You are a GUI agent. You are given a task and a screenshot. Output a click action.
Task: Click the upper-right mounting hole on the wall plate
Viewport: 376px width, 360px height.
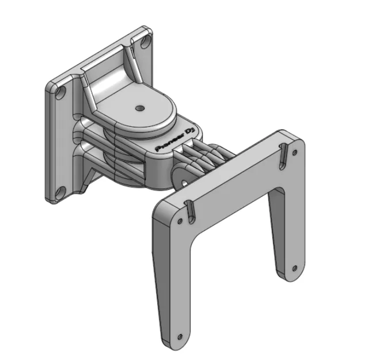tap(145, 43)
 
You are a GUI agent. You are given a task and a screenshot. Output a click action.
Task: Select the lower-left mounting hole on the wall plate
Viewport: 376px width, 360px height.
tap(60, 192)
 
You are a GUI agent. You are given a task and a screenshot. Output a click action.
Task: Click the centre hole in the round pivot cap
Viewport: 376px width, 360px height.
tap(139, 108)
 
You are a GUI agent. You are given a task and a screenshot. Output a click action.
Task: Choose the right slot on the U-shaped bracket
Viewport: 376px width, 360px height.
tap(283, 156)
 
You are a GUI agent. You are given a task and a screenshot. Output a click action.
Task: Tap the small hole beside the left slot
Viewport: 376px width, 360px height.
tap(180, 221)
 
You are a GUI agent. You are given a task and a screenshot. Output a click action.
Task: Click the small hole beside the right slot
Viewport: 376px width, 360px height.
tap(295, 152)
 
